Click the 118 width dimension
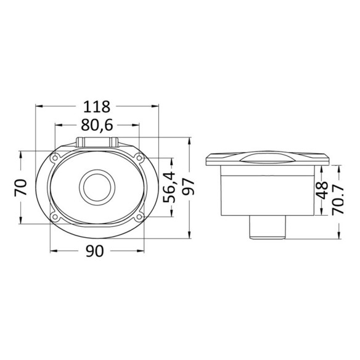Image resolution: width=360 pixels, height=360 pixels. (x=97, y=107)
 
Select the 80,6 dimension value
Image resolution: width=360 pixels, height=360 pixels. (x=97, y=125)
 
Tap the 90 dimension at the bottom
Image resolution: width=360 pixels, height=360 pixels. (x=95, y=251)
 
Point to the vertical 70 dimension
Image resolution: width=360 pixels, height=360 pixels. (x=21, y=187)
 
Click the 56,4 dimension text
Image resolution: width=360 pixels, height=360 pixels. (x=169, y=187)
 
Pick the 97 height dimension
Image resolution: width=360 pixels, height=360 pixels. (x=189, y=187)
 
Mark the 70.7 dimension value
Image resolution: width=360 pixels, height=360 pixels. (x=338, y=199)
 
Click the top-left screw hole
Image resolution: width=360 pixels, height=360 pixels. (x=55, y=158)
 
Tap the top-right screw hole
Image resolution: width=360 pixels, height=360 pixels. (x=139, y=158)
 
